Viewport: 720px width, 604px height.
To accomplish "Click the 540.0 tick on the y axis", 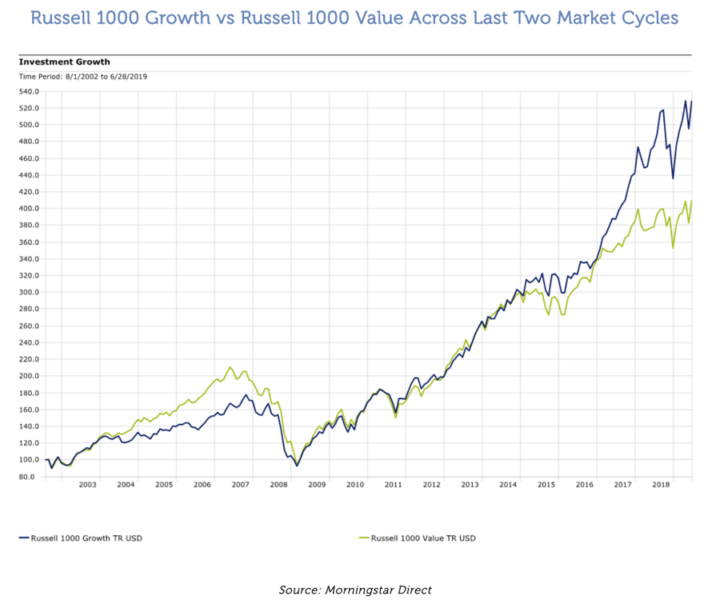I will click(30, 91).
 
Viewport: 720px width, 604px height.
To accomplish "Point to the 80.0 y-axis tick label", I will click(30, 477).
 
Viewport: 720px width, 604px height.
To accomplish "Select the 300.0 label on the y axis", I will click(30, 292).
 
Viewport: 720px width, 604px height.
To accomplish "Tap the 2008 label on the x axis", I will click(278, 485).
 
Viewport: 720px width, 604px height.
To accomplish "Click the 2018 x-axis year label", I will click(661, 485).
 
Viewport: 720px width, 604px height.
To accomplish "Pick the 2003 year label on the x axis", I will click(87, 485).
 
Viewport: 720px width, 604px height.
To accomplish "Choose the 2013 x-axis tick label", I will click(470, 485).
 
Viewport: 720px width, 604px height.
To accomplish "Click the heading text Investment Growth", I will click(64, 62).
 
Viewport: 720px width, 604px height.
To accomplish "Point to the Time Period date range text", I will click(82, 76).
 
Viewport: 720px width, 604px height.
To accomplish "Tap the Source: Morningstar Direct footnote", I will click(355, 590).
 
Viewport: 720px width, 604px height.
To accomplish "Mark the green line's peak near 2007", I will click(230, 367).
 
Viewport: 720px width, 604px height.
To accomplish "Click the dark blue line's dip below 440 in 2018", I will click(673, 178).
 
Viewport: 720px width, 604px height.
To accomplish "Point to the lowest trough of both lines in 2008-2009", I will click(297, 465).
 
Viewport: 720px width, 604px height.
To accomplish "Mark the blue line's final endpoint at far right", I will click(692, 101).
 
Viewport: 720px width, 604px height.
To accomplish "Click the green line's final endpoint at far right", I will click(692, 201).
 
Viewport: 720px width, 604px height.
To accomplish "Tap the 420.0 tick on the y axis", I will click(30, 192).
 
